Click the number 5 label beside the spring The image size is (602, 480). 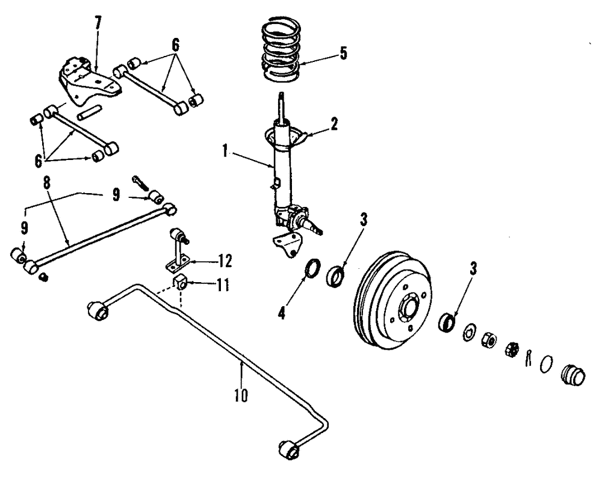tap(343, 53)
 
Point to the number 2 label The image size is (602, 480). tap(334, 125)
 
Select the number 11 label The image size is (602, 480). tap(223, 285)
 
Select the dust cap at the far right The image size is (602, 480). tap(573, 375)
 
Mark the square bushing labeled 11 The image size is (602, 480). tap(181, 281)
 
